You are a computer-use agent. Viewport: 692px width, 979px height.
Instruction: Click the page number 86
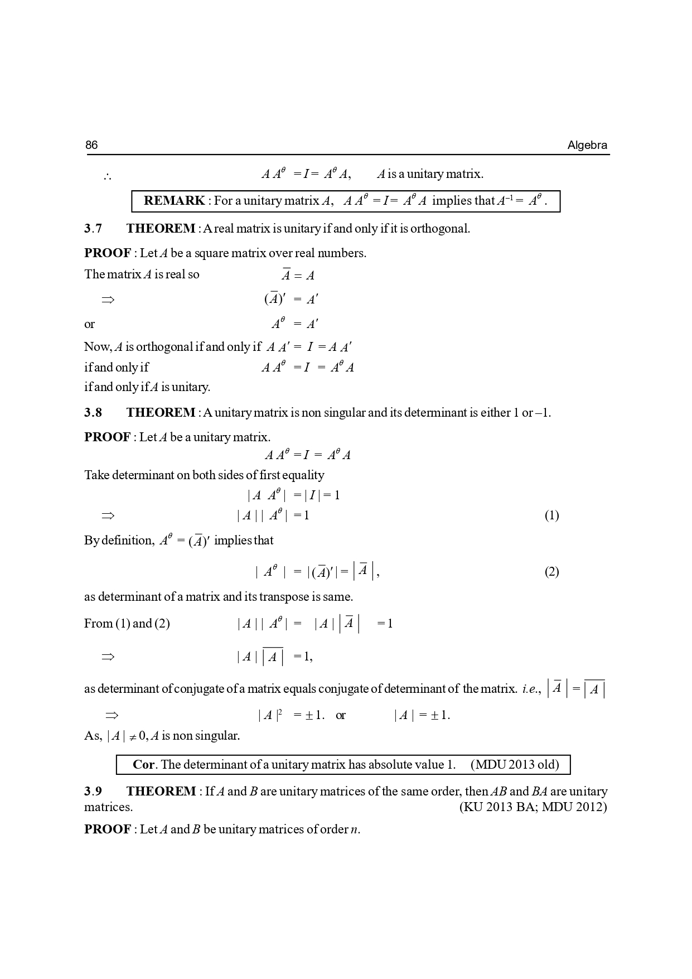coord(91,145)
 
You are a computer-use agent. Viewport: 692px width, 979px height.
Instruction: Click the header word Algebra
coord(587,146)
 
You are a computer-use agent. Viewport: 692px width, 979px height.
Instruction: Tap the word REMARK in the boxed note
coord(174,201)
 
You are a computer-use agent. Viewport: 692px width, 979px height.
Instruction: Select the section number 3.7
coord(93,229)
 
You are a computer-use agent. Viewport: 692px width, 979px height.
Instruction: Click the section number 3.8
coord(93,413)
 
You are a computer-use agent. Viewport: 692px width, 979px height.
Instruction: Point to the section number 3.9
coord(93,792)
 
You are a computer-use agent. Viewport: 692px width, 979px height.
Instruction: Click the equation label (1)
coord(551,515)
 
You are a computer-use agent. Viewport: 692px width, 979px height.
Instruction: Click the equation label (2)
coord(551,572)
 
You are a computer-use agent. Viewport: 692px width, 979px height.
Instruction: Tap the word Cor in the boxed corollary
coord(143,765)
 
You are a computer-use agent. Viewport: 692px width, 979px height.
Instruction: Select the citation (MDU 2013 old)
coord(514,765)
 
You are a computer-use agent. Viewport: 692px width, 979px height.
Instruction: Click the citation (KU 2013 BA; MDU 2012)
coord(533,807)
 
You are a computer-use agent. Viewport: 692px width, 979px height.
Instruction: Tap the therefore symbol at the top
coord(107,177)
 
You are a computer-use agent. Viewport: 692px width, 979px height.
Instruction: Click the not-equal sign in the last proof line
coord(133,737)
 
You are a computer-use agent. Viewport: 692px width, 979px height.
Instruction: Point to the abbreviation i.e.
coord(531,689)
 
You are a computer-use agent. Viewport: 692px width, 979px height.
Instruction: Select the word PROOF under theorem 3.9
coord(107,830)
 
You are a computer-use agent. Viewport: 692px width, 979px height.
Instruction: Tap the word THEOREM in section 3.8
coord(161,413)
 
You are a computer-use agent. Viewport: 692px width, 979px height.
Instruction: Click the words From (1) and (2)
coord(127,624)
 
